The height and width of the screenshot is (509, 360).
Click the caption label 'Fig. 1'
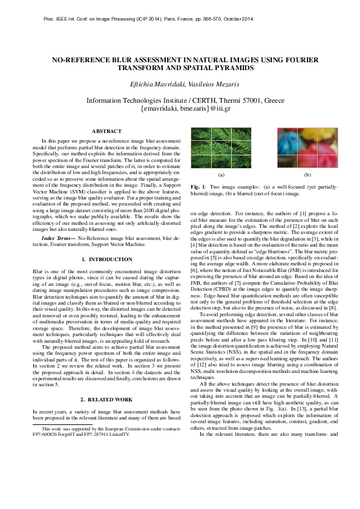[x=197, y=187]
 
